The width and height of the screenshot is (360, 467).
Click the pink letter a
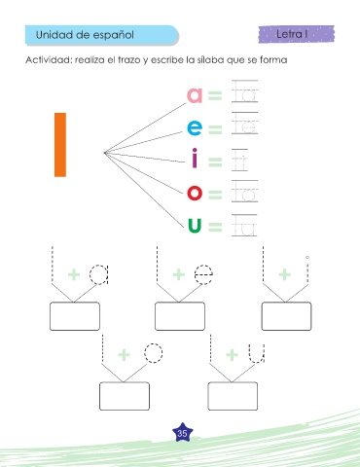[195, 95]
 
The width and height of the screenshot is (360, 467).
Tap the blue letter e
[195, 127]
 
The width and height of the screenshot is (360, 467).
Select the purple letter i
[195, 158]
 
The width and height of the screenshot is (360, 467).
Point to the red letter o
[195, 193]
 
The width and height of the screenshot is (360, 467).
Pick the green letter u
[195, 226]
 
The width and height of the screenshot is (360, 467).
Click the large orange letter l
[60, 145]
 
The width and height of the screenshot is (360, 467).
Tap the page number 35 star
[182, 433]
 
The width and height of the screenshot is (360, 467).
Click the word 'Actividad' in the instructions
[49, 60]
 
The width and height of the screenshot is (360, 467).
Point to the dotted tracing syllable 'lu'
[245, 225]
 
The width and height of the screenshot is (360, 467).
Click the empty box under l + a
[75, 316]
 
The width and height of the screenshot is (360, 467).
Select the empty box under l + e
[180, 316]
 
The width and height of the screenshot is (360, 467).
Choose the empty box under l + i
[286, 316]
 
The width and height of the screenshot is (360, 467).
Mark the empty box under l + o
[125, 396]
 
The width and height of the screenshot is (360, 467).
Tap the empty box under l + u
[233, 396]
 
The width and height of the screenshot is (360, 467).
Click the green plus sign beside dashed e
[179, 274]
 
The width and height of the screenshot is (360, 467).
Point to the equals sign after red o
[215, 195]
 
